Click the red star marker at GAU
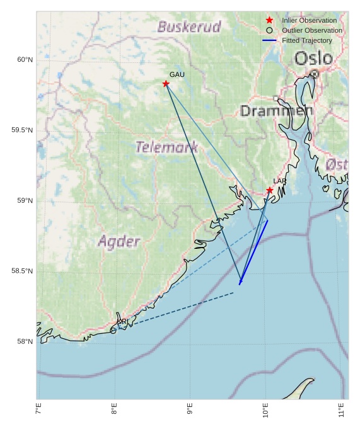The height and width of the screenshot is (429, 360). [x=166, y=84]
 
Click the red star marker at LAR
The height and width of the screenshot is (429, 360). [x=269, y=190]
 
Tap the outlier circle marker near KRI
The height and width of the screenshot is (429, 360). [x=113, y=330]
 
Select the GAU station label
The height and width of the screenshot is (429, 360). [x=177, y=74]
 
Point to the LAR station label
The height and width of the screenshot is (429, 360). [x=279, y=181]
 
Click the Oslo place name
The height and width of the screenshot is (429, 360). [x=313, y=59]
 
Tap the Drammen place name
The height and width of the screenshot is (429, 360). [x=276, y=111]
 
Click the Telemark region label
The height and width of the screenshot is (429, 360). [x=166, y=147]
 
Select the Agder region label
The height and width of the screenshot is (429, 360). [x=119, y=241]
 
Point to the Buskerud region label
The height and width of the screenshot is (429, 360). [x=189, y=27]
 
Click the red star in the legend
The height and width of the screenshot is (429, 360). [x=269, y=20]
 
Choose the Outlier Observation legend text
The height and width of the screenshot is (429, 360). [x=312, y=30]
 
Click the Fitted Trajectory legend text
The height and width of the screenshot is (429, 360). [x=307, y=40]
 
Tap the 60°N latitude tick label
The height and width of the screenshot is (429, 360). [x=25, y=60]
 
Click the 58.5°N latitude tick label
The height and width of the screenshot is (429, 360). [x=22, y=271]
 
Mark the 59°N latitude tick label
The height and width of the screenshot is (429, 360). [x=25, y=201]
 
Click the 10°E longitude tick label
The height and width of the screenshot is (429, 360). [x=265, y=412]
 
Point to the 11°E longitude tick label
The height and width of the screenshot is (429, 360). [x=341, y=412]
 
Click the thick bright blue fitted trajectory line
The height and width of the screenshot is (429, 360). [x=253, y=252]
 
